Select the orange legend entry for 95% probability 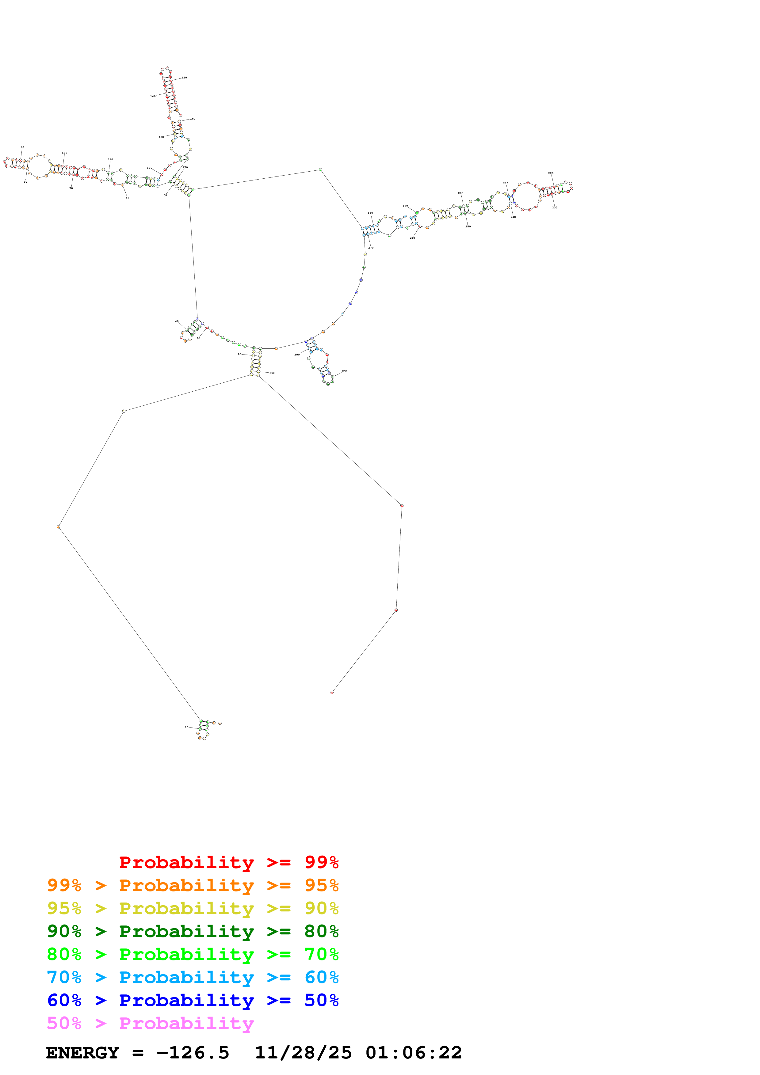193,885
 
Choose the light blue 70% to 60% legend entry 193,977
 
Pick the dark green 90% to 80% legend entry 193,931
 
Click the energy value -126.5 193,1053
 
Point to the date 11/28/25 303,1053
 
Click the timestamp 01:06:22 414,1053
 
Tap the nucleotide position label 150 184,78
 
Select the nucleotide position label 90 22,147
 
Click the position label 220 551,173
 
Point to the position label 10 186,727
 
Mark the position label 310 272,373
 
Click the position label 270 371,248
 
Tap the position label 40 177,322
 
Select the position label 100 65,153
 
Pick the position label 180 370,213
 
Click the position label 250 468,226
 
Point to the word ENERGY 82,1053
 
